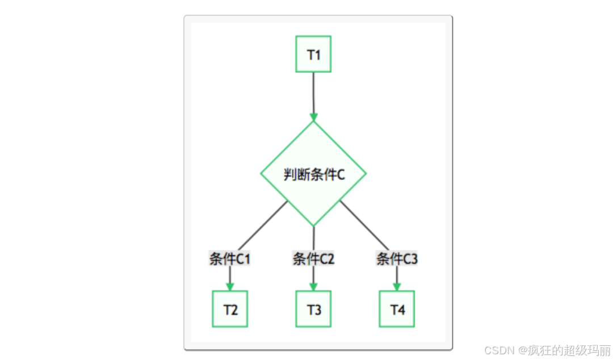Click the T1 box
[313, 54]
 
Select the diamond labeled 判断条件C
[313, 174]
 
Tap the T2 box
[230, 309]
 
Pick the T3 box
[313, 309]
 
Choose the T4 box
[397, 309]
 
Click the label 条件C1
[230, 259]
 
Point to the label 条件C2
[313, 259]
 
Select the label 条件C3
[397, 259]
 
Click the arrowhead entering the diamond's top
[313, 117]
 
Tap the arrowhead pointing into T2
[230, 286]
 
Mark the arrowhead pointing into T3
[313, 286]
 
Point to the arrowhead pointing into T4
[397, 286]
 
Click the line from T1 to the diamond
[313, 91]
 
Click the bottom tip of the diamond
[313, 225]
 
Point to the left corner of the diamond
[262, 174]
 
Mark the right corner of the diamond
[365, 174]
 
